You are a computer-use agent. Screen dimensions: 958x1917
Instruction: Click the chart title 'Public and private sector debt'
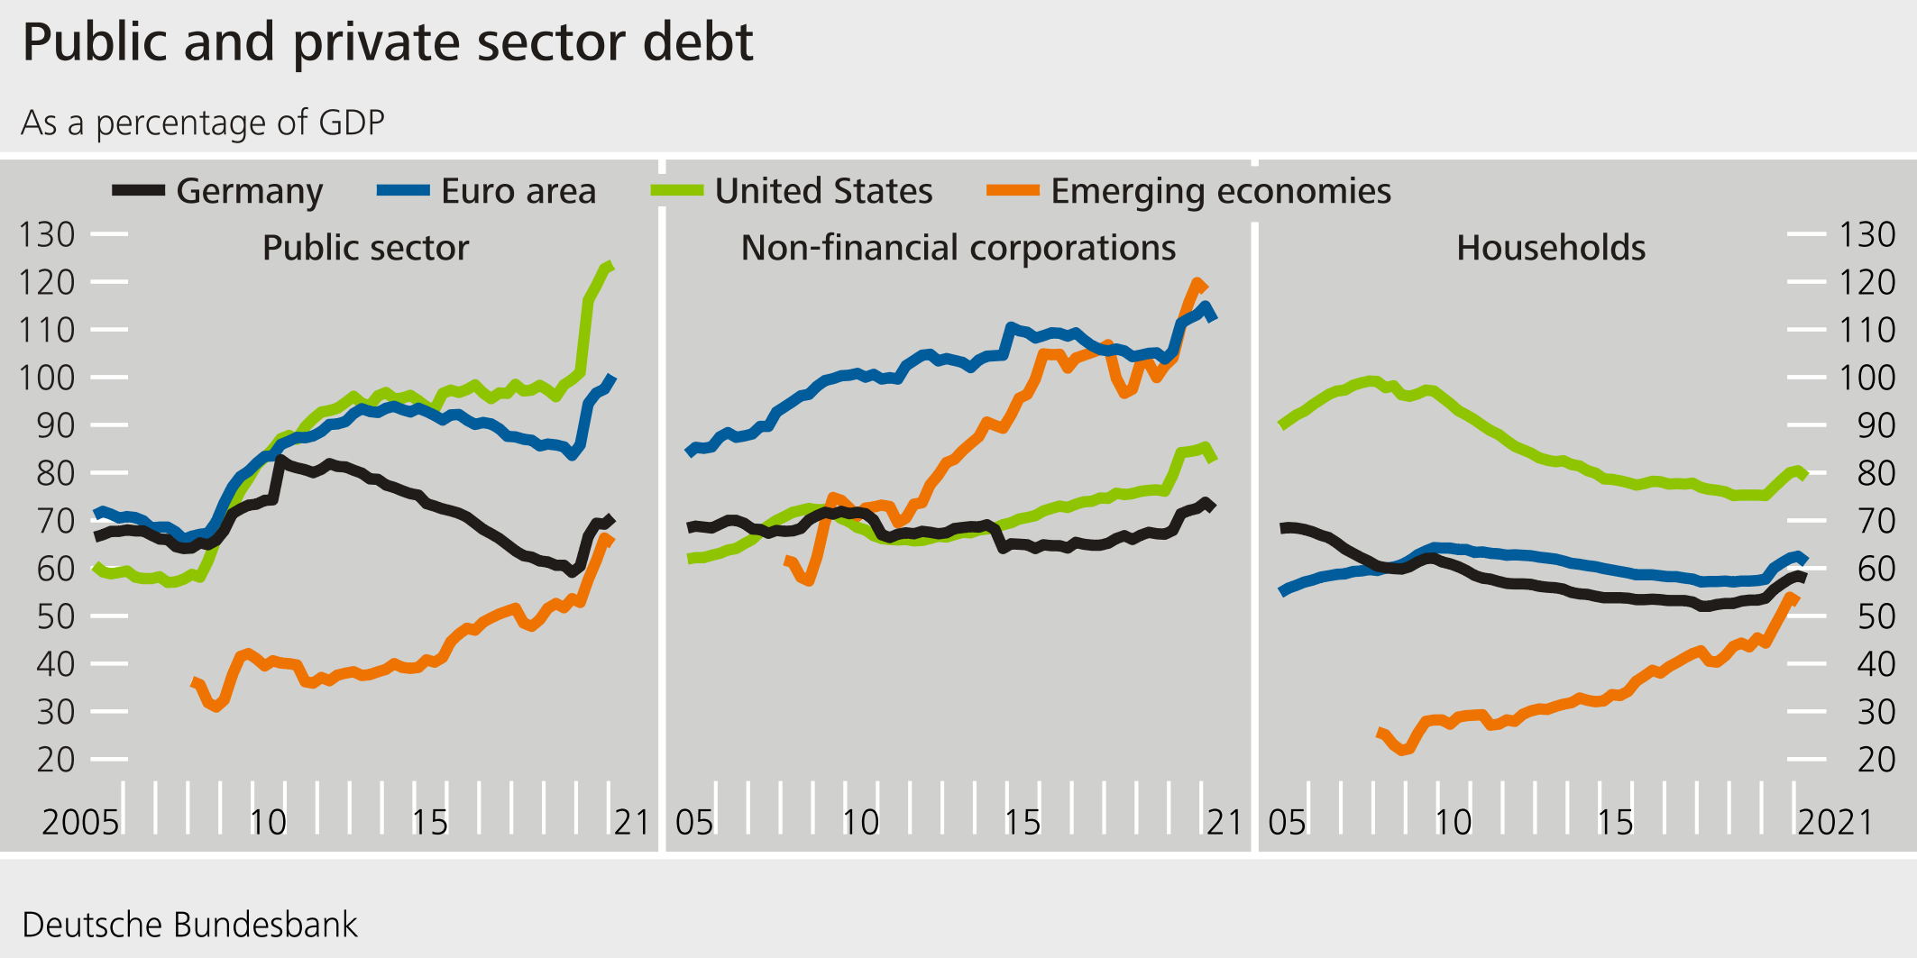tap(388, 42)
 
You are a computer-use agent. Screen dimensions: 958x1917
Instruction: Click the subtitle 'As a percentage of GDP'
tap(203, 123)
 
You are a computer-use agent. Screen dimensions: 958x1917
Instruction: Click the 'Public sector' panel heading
tap(365, 248)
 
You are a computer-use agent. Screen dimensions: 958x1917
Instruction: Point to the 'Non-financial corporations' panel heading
tap(958, 248)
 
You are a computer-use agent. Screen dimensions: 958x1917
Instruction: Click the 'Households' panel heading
tap(1551, 248)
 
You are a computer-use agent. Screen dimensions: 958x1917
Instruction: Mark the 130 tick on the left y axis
tap(47, 234)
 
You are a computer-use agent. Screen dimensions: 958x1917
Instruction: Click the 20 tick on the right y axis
tap(1876, 760)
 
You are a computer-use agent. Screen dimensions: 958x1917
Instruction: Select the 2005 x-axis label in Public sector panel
tap(80, 822)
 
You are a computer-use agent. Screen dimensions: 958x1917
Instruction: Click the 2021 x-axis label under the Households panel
tap(1835, 822)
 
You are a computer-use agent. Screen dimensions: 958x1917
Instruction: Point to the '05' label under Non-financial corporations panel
tap(694, 822)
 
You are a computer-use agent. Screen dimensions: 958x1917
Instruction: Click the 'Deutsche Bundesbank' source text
tap(189, 926)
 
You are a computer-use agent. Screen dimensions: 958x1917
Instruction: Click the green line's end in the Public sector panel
tap(611, 265)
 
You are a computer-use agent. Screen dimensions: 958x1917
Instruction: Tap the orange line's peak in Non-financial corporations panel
tap(1198, 283)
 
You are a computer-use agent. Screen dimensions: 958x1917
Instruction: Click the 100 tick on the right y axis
tap(1867, 378)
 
